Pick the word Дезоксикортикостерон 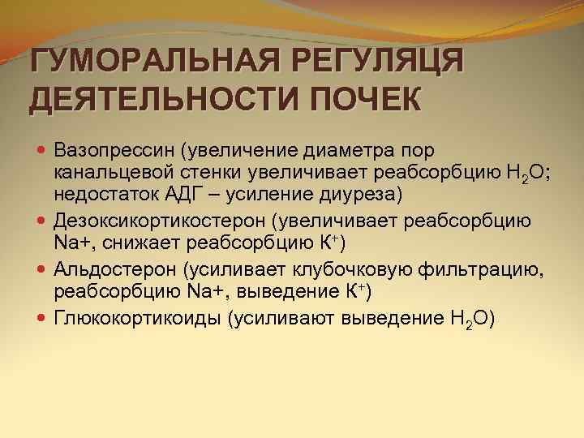[158, 221]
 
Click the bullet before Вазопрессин [41, 151]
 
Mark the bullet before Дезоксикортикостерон [41, 221]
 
